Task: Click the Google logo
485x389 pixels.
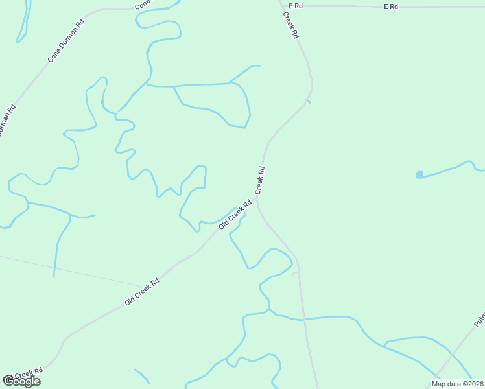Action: tap(21, 381)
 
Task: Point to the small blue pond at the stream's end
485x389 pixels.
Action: tap(420, 174)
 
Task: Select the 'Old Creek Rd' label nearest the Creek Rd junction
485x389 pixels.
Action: tap(235, 215)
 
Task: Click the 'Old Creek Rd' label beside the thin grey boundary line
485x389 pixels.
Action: tap(142, 293)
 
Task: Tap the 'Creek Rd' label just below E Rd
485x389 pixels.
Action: tap(290, 24)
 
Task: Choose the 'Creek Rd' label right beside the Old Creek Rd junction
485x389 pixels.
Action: tap(260, 180)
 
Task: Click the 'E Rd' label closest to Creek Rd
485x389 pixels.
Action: tap(296, 6)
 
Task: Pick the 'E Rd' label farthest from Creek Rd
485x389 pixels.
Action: tap(390, 6)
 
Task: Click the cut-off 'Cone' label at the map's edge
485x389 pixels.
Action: tap(142, 5)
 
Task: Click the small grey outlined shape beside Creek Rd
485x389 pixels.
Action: tap(296, 274)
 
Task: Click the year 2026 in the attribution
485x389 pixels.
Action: tap(473, 384)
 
